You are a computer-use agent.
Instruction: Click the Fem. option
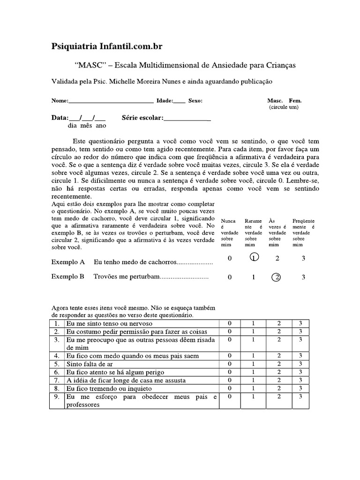pos(295,100)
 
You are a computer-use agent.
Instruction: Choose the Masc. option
pos(275,100)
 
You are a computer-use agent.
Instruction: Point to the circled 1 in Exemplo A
pos(254,258)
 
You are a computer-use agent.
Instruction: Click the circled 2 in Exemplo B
pos(277,277)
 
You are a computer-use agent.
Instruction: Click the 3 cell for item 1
pos(300,324)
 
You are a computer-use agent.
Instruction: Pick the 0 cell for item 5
pos(230,363)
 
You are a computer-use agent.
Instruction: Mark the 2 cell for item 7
pos(279,380)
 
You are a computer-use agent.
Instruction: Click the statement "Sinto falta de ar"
pos(90,364)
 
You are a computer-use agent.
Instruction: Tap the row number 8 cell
pos(56,388)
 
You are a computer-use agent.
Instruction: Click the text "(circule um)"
pos(284,107)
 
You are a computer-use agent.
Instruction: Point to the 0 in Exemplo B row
pos(230,277)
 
